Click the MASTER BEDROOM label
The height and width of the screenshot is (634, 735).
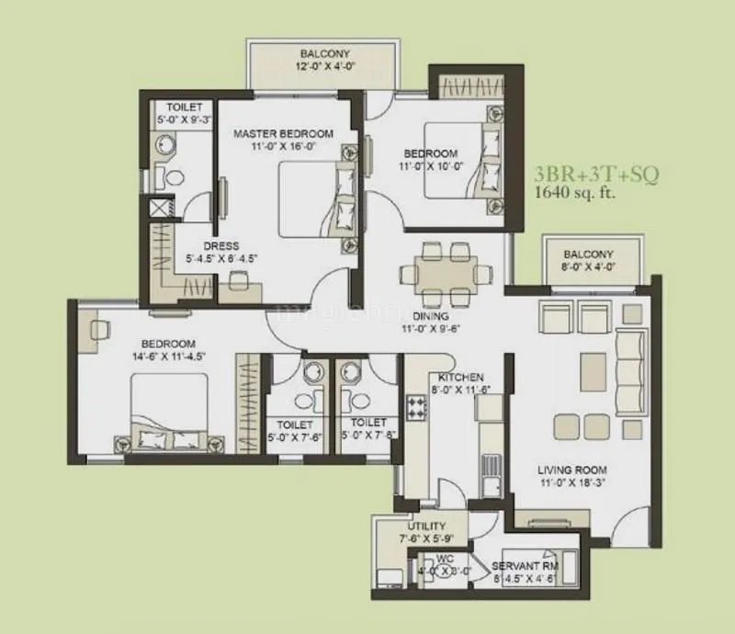pyautogui.click(x=283, y=133)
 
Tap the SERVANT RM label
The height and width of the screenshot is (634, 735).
pyautogui.click(x=525, y=566)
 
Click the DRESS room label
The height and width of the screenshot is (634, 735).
pyautogui.click(x=222, y=246)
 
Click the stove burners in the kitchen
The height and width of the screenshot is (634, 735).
pyautogui.click(x=416, y=407)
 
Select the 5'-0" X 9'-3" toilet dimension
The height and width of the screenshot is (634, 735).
pyautogui.click(x=185, y=119)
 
